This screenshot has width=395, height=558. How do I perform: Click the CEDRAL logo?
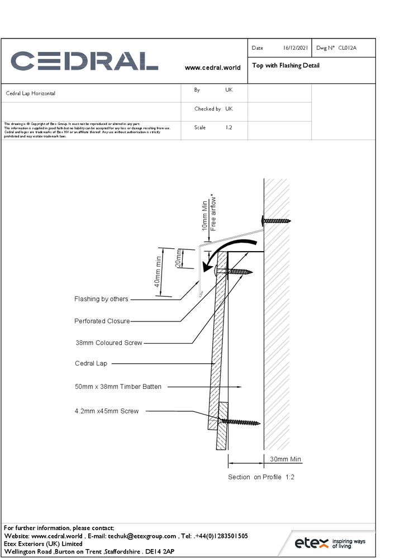click(x=84, y=61)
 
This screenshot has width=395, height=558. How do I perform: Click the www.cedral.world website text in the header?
click(x=212, y=68)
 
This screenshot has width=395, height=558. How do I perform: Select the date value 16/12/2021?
click(x=296, y=49)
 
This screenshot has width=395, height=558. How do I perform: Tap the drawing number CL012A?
click(x=347, y=49)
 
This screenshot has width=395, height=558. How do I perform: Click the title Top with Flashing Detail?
click(x=286, y=65)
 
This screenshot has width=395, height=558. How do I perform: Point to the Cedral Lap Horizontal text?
click(x=31, y=94)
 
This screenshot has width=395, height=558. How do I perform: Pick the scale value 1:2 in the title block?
click(x=229, y=128)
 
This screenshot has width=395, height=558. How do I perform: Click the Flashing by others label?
click(x=101, y=299)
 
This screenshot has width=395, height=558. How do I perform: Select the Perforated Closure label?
click(x=102, y=321)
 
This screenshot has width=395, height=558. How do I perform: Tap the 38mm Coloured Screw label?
click(x=108, y=343)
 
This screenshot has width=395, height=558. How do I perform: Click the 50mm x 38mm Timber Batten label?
click(x=118, y=386)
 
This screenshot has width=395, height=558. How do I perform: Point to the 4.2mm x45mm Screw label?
click(x=106, y=411)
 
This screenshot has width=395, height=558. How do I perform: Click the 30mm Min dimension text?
click(x=285, y=459)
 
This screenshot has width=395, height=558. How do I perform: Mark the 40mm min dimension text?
click(x=159, y=271)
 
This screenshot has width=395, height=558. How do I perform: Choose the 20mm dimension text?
click(x=179, y=258)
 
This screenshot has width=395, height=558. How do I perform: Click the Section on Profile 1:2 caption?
click(x=261, y=477)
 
